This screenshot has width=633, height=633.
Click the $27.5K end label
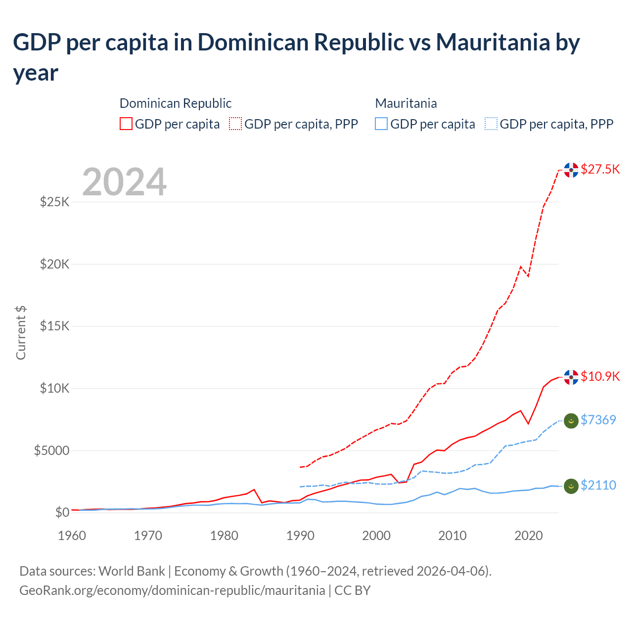coord(600,169)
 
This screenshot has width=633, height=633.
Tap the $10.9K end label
coord(600,376)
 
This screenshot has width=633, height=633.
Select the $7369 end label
coord(598,420)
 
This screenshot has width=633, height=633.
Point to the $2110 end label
coord(598,485)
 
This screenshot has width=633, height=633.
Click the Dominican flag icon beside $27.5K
coord(571,170)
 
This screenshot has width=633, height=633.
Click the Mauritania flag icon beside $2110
coord(571,486)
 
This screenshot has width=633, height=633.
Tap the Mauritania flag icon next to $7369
coord(571,421)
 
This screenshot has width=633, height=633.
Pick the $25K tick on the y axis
coord(54,202)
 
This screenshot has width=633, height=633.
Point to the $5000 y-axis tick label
coord(51,451)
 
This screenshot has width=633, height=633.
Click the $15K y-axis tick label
coord(54,326)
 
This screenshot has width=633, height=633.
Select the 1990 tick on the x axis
coord(300,536)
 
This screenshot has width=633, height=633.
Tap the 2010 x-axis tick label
coord(452,536)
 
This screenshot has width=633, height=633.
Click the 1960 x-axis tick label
coord(72,536)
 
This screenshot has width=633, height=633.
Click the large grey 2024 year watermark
coord(124,182)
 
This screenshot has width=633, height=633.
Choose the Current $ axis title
coord(21,333)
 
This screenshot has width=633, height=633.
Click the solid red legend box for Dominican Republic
coord(126,124)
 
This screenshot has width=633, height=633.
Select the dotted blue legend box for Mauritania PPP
coord(491,124)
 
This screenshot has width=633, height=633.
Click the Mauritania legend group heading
coord(406,103)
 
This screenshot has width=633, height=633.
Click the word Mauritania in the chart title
coord(492,43)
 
